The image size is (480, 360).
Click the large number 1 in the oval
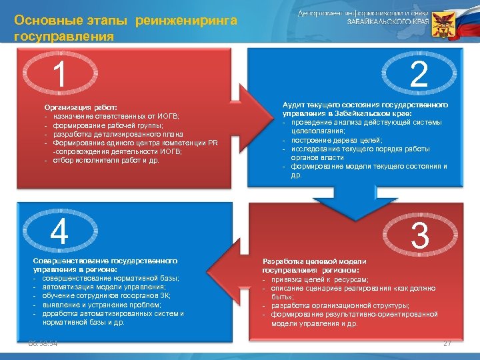(x=60, y=75)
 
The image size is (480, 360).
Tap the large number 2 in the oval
(x=419, y=75)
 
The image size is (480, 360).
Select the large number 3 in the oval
(x=420, y=237)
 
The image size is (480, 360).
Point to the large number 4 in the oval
(x=59, y=233)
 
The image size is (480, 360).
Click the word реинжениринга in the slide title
(x=186, y=21)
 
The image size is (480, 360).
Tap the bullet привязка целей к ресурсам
(x=319, y=279)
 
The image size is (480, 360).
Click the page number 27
(x=447, y=343)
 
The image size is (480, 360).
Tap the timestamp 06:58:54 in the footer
(x=43, y=343)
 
